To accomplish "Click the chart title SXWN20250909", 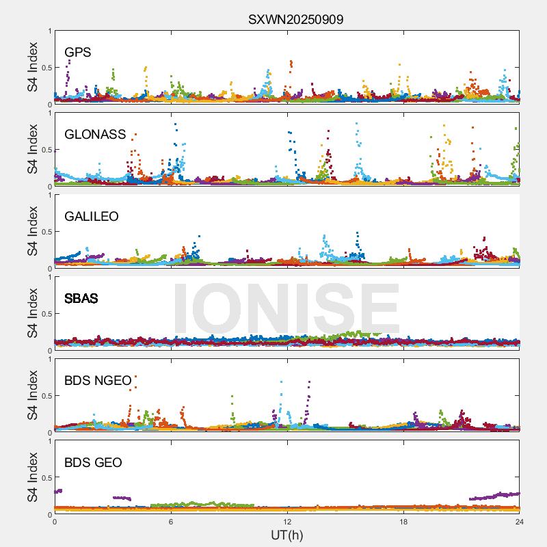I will pyautogui.click(x=295, y=19).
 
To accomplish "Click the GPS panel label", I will pyautogui.click(x=78, y=52).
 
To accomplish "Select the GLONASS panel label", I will pyautogui.click(x=95, y=134).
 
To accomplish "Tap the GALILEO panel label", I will pyautogui.click(x=92, y=216).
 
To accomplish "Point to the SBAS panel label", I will pyautogui.click(x=81, y=298).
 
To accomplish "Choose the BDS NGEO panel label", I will pyautogui.click(x=98, y=380).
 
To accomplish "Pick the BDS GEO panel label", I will pyautogui.click(x=93, y=462).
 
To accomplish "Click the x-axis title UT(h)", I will pyautogui.click(x=286, y=535).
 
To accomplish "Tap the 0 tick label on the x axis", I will pyautogui.click(x=55, y=522).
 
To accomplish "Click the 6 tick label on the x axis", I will pyautogui.click(x=171, y=522).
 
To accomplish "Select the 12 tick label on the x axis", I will pyautogui.click(x=287, y=522).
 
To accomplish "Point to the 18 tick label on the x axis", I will pyautogui.click(x=403, y=522).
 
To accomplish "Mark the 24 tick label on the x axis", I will pyautogui.click(x=519, y=522).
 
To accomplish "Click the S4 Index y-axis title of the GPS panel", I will pyautogui.click(x=32, y=67).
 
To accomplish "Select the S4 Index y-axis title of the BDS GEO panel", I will pyautogui.click(x=32, y=477).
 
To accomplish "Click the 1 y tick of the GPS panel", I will pyautogui.click(x=49, y=31).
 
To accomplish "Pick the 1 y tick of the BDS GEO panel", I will pyautogui.click(x=49, y=441).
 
